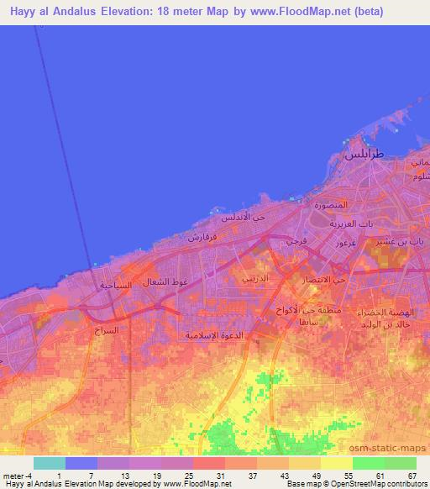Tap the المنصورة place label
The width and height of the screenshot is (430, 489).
point(330,205)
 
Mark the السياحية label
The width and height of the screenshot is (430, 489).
point(117,285)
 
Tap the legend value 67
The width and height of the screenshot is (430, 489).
point(412,476)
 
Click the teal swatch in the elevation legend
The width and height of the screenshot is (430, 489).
point(49,463)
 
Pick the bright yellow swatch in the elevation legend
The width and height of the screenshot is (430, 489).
point(337,463)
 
